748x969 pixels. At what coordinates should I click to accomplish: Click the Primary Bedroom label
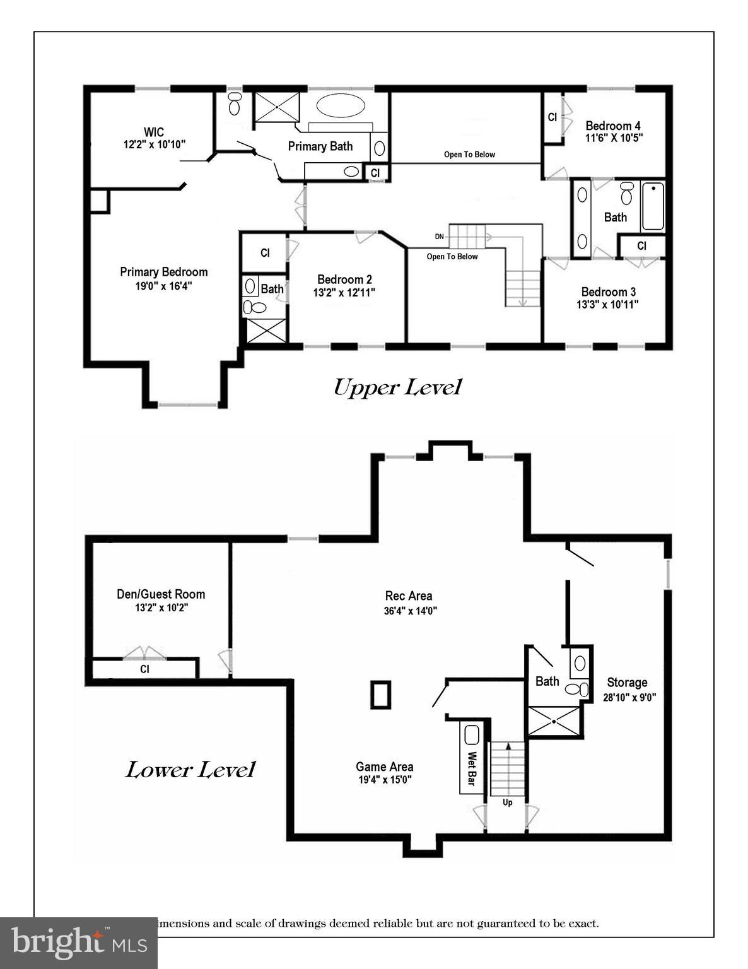point(163,272)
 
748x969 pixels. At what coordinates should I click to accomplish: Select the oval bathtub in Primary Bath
point(341,105)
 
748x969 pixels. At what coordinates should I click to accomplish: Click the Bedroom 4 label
point(613,126)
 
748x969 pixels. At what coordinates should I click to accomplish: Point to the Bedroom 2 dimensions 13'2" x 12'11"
point(344,293)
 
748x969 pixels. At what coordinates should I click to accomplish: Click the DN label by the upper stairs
point(440,237)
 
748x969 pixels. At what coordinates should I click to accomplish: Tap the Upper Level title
point(397,387)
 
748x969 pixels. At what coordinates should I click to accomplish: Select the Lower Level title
point(190,770)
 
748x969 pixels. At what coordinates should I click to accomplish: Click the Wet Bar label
point(470,768)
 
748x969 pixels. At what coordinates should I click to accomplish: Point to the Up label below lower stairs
point(508,802)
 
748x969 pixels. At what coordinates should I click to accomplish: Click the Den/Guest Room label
point(161,594)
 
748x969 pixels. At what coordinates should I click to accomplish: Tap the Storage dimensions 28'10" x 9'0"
point(627,697)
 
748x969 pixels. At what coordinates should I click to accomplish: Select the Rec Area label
point(409,596)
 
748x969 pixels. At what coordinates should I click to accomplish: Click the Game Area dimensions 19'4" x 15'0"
point(385,780)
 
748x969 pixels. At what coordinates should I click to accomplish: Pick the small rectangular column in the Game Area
point(380,695)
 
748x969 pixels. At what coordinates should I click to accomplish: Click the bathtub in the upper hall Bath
point(653,206)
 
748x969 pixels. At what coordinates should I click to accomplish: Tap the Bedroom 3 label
point(608,291)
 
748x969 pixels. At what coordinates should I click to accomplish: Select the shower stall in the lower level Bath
point(553,721)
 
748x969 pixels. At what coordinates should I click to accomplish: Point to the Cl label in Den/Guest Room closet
point(144,669)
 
